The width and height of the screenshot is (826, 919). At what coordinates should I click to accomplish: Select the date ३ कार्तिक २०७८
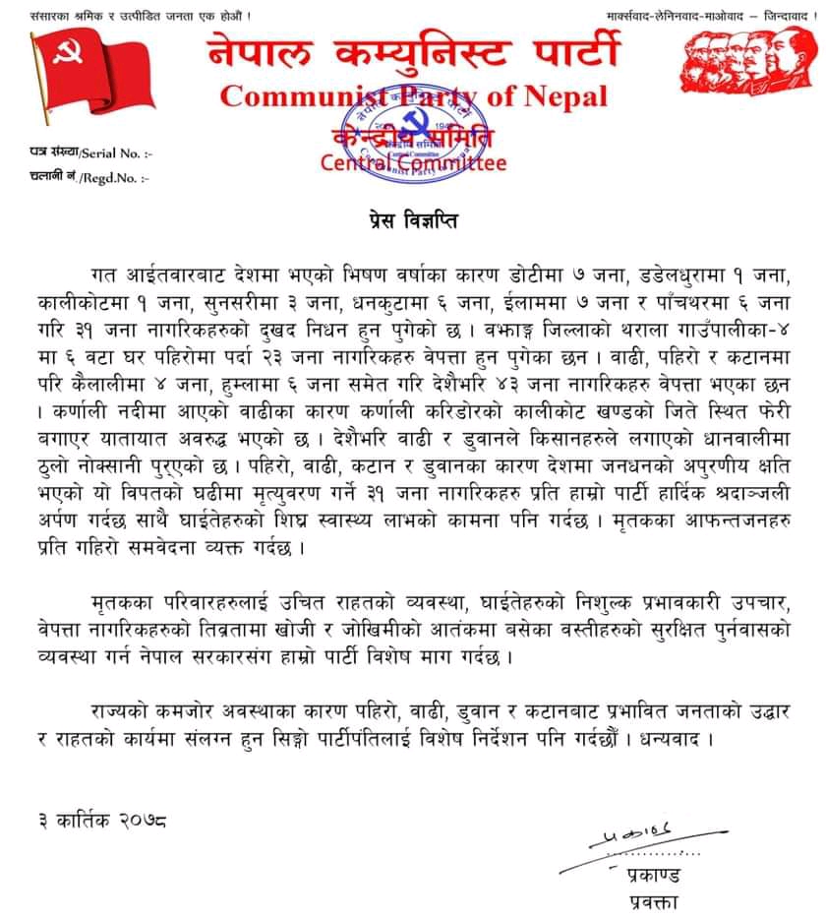pos(97,821)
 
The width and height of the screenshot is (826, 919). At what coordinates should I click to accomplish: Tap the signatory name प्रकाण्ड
pos(653,874)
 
